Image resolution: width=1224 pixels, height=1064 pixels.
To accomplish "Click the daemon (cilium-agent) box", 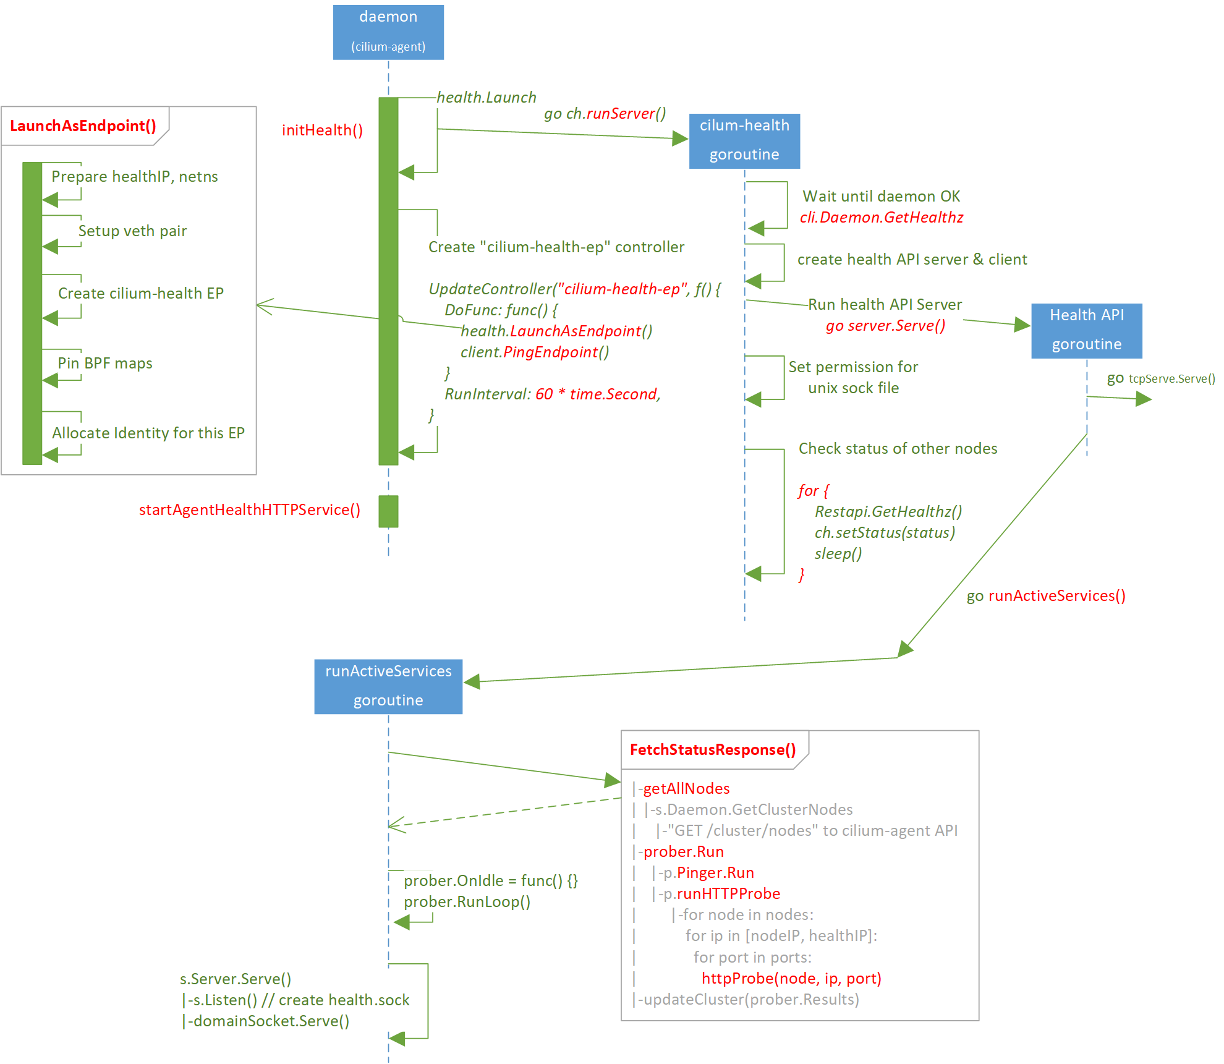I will (x=388, y=32).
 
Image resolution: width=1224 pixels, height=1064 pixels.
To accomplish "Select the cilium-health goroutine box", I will (x=744, y=141).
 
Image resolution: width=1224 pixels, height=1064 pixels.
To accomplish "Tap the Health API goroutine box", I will (x=1086, y=331).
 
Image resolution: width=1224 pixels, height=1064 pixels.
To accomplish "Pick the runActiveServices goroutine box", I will (x=388, y=686).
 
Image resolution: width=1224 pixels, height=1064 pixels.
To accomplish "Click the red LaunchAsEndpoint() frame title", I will (x=83, y=126).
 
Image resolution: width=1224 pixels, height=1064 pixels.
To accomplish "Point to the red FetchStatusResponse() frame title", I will (x=713, y=750).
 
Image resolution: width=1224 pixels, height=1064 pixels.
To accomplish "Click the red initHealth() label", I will (x=322, y=130).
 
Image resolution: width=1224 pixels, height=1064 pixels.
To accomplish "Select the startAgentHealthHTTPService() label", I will (x=249, y=510).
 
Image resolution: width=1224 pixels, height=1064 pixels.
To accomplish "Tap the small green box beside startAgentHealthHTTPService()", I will (x=388, y=511).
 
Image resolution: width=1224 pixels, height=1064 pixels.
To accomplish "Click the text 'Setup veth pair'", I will (x=132, y=231).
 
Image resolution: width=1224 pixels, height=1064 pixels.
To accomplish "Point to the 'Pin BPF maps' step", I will (x=105, y=364).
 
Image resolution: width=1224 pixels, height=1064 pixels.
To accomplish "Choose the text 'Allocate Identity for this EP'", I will (x=148, y=433).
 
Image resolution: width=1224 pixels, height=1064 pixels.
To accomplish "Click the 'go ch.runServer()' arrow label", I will (x=605, y=114).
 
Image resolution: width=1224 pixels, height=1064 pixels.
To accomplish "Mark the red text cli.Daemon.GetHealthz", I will (x=881, y=218).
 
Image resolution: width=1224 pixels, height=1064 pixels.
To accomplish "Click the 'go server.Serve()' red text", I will (x=885, y=326).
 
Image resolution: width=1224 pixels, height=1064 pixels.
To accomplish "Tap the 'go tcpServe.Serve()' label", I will (x=1161, y=378).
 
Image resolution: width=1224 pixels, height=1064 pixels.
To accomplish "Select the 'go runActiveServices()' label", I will (x=1046, y=596).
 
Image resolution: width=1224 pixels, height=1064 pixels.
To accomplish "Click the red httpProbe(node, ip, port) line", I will (x=791, y=979).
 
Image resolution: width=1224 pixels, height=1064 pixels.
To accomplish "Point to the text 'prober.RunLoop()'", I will (x=467, y=902).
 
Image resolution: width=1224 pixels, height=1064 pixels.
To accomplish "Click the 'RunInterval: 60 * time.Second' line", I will (x=552, y=394).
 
